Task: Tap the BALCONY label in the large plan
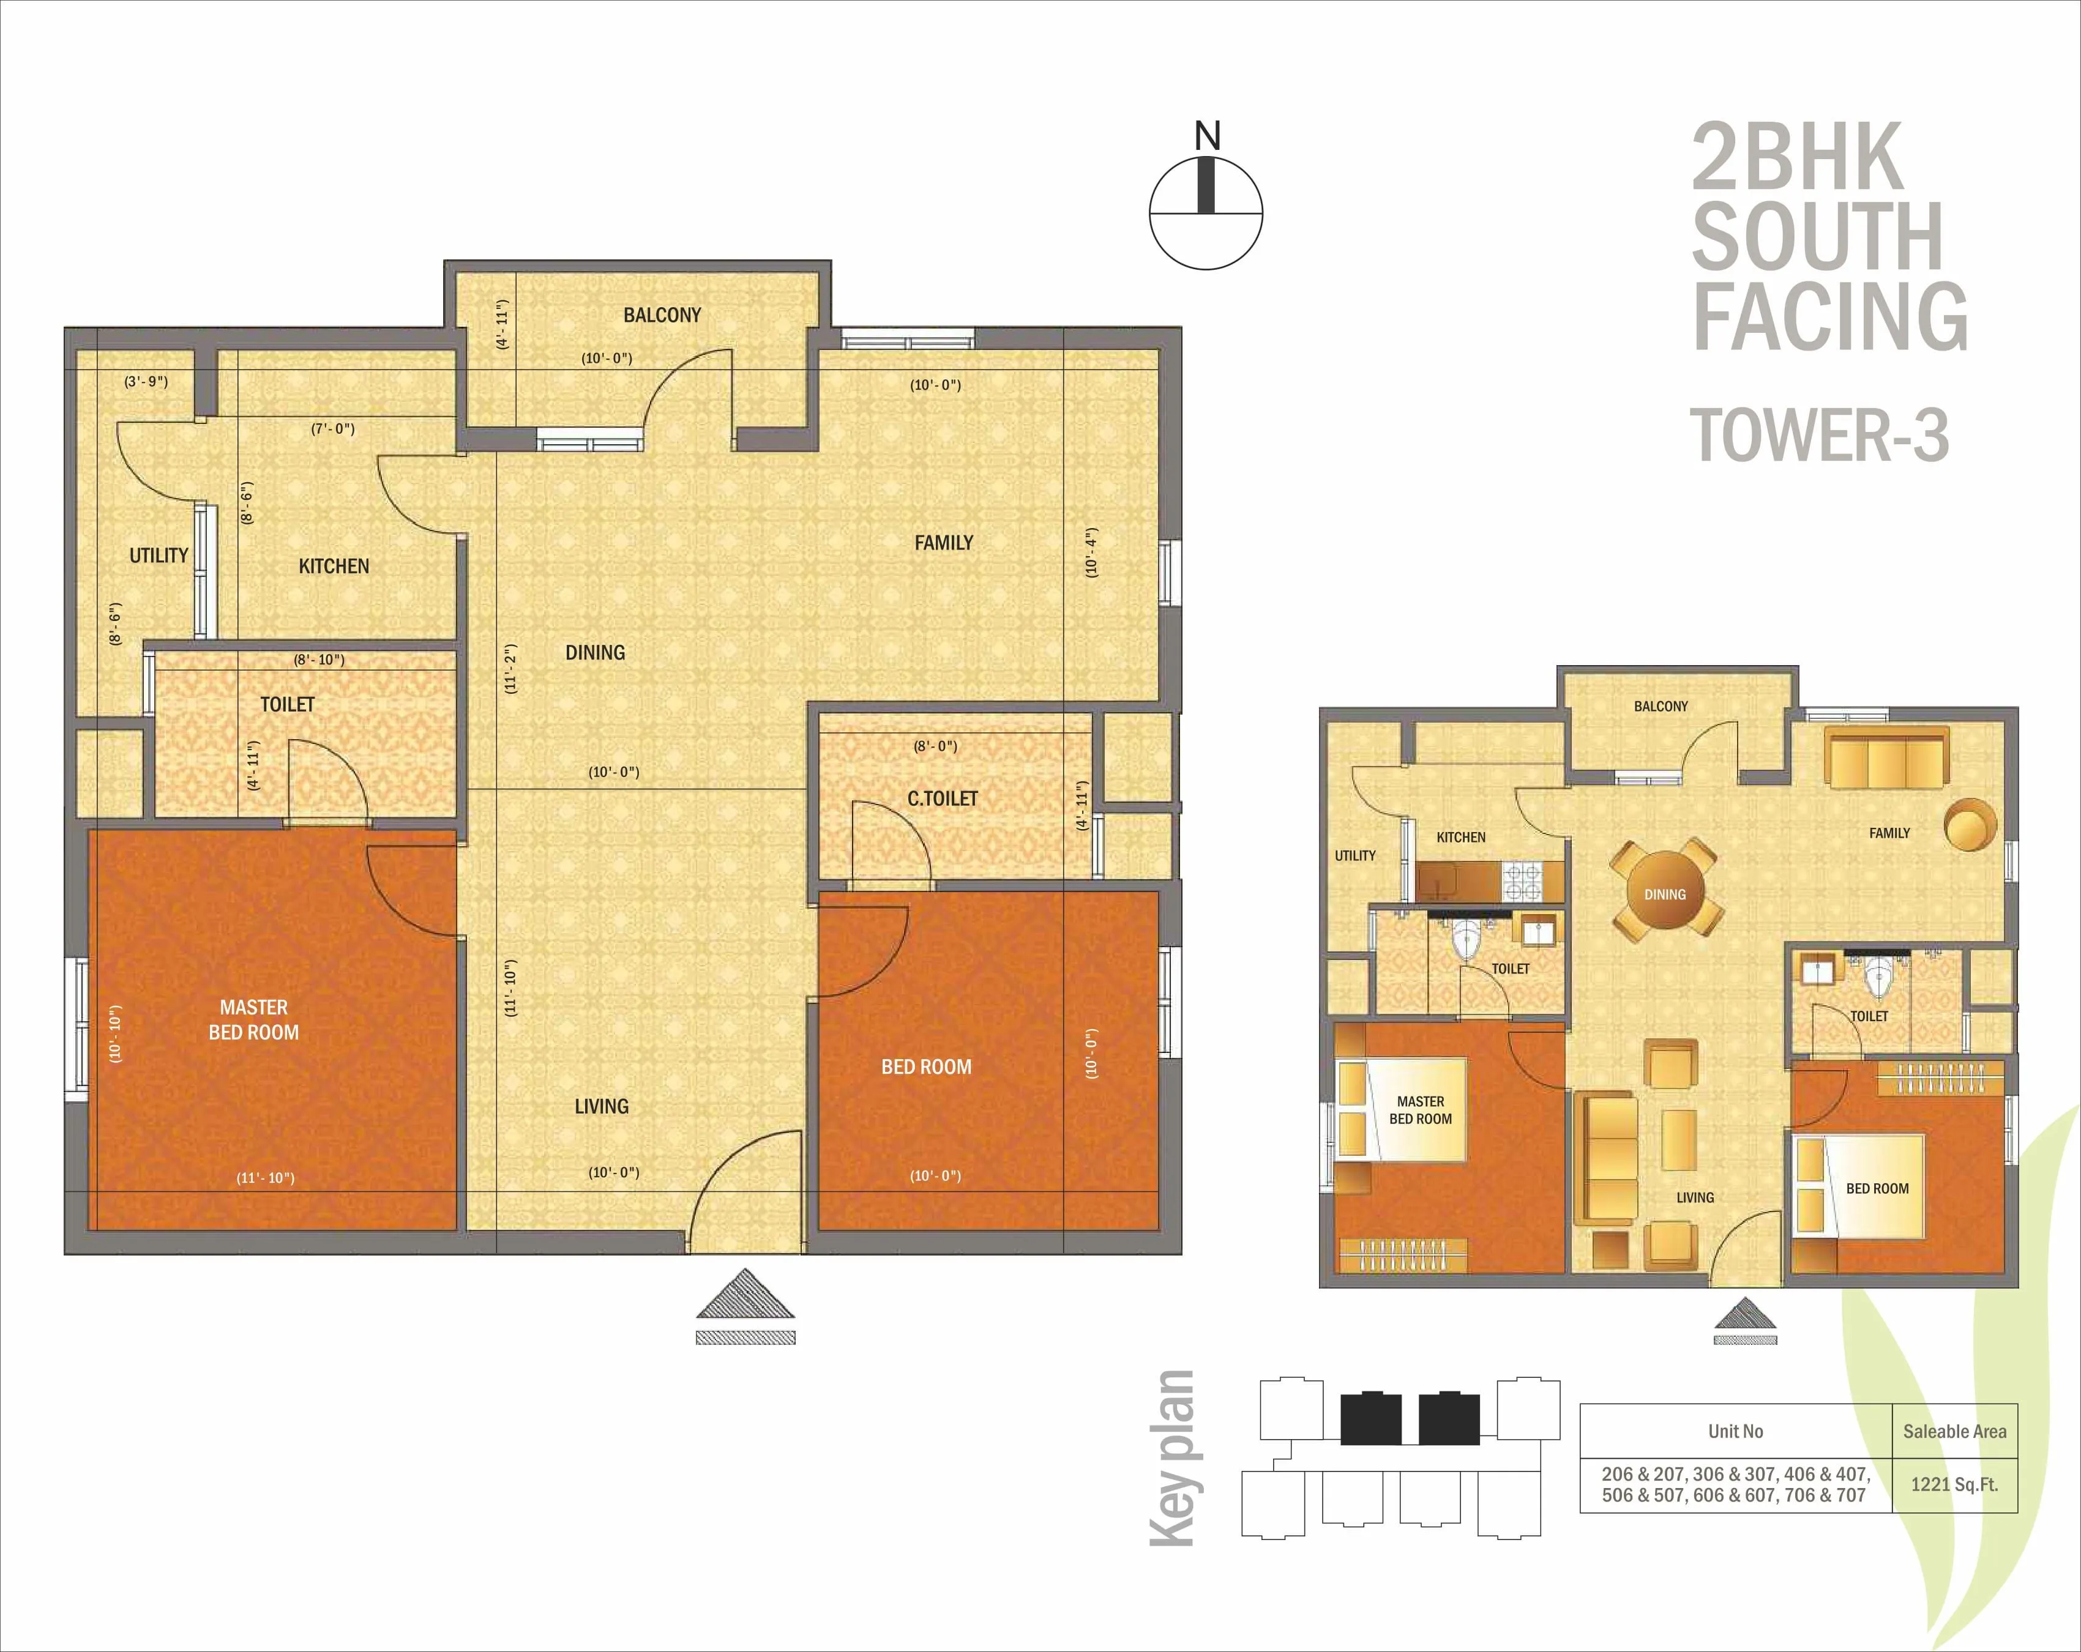[x=662, y=316]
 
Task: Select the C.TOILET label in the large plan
[x=942, y=799]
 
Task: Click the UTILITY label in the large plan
[x=159, y=556]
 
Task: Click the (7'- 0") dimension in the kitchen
[x=333, y=428]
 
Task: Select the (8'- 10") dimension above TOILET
[x=318, y=660]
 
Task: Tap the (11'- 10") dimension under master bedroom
[x=266, y=1177]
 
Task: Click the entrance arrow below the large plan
[x=745, y=1296]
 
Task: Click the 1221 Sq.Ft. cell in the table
[x=1954, y=1485]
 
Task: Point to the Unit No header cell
[x=1735, y=1432]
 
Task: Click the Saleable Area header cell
[x=1954, y=1432]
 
